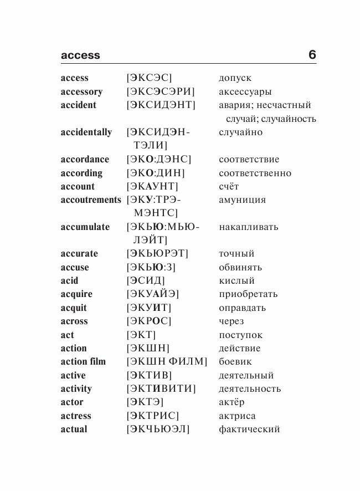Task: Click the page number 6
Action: (312, 55)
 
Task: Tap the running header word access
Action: (80, 55)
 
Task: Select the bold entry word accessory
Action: (81, 92)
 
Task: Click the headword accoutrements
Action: (91, 200)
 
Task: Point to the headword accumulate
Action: (85, 227)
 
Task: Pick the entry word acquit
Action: (74, 308)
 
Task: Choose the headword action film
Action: (83, 362)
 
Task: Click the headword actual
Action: (74, 429)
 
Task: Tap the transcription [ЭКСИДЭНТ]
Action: (161, 105)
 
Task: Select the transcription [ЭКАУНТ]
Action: (152, 187)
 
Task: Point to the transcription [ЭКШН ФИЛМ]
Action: (167, 362)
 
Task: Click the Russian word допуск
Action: (235, 79)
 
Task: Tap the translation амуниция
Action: (242, 200)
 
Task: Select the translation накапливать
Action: (249, 227)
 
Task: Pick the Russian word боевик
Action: (235, 362)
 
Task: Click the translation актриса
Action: (237, 416)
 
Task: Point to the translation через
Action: (231, 321)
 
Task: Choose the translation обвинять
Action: (240, 268)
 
